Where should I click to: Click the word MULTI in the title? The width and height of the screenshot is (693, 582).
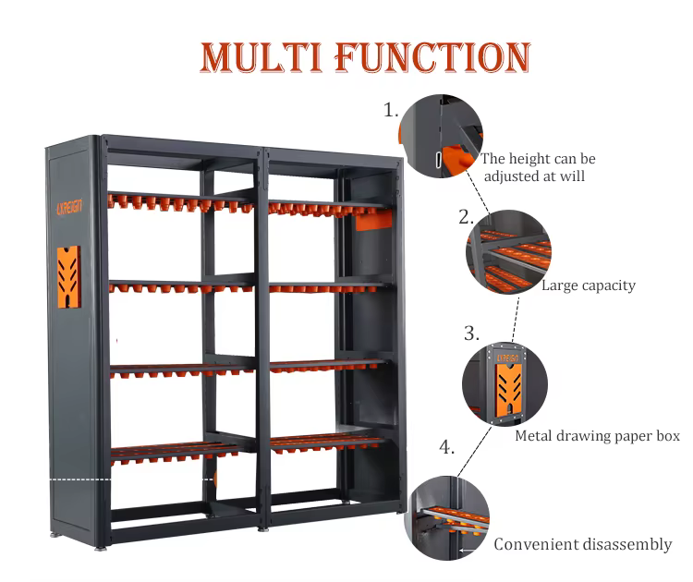[261, 57]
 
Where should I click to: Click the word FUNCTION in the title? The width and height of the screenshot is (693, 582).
[432, 57]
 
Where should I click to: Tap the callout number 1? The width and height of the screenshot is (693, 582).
[392, 110]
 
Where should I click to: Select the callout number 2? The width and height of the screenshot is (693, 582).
[466, 218]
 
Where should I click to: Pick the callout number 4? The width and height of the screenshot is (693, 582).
[446, 447]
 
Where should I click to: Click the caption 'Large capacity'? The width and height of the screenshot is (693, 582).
[589, 285]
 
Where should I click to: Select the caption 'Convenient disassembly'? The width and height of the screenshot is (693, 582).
[582, 544]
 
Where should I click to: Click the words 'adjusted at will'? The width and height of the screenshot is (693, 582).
[534, 176]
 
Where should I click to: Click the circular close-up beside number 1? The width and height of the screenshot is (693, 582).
[441, 137]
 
